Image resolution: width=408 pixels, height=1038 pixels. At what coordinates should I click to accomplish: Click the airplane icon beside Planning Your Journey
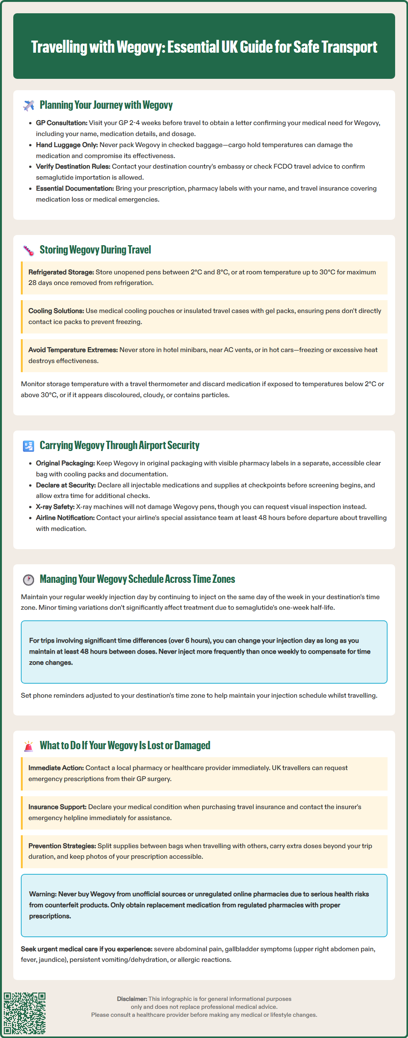point(28,106)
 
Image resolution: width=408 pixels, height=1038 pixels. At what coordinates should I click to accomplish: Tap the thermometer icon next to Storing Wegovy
point(28,250)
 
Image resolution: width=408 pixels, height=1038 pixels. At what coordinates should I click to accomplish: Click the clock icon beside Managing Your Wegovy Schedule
point(28,579)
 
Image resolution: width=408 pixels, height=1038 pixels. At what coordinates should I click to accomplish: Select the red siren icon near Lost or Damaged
point(28,746)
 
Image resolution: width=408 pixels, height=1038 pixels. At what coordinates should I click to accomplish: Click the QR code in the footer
point(25,1013)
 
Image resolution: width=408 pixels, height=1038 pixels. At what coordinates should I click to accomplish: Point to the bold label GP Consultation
point(62,123)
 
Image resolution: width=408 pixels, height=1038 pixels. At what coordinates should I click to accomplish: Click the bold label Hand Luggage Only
point(67,145)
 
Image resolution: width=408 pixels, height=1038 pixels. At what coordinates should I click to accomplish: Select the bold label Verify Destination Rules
point(73,166)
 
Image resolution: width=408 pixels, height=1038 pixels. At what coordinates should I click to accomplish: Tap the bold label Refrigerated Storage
point(61,272)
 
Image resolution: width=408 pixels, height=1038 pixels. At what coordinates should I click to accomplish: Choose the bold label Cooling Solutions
point(56,311)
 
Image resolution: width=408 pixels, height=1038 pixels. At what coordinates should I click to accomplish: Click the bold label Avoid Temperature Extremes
point(73,350)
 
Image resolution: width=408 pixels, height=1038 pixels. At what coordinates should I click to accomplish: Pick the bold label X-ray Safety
point(55,507)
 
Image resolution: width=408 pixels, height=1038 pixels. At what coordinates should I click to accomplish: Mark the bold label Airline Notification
point(65,517)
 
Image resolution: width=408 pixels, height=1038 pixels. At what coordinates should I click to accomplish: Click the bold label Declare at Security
point(66,485)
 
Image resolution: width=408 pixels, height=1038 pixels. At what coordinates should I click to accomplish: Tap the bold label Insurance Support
point(57,807)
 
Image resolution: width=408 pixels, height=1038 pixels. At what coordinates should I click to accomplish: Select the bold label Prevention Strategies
point(62,846)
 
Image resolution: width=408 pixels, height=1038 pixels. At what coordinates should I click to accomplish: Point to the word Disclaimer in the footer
point(132,999)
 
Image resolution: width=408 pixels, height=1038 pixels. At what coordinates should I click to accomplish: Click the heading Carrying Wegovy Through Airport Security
point(119,445)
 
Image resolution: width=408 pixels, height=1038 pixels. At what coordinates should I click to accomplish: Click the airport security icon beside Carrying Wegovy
point(28,446)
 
